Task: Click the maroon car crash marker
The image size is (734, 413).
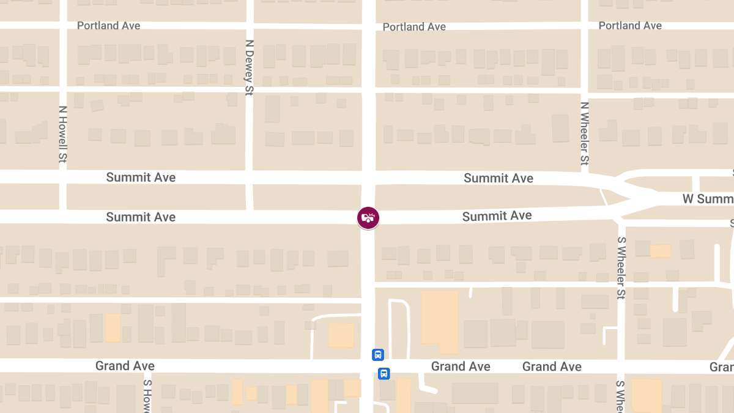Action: tap(368, 217)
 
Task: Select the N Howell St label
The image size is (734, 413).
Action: tap(62, 135)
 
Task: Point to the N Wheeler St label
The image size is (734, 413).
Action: tap(584, 133)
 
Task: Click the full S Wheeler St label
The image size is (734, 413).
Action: tap(621, 268)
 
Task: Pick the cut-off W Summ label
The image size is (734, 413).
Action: tap(708, 199)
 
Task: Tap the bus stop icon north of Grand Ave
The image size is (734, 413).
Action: tap(378, 354)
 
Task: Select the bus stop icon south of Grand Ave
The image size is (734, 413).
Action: tap(384, 373)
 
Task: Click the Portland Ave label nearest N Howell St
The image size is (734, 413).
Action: tap(109, 26)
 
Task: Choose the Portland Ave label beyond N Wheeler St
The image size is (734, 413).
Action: tap(630, 26)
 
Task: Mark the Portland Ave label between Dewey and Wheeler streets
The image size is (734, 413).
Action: tap(414, 27)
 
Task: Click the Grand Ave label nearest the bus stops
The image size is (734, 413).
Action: tap(461, 366)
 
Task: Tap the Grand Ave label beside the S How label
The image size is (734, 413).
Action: tap(125, 366)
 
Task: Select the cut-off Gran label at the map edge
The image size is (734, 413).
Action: tap(721, 367)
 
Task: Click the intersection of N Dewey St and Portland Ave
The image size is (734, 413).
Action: tap(249, 25)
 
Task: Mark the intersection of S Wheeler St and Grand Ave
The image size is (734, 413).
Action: tap(621, 366)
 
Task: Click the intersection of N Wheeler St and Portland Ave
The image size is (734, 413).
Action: tap(584, 25)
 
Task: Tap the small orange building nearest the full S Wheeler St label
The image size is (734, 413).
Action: tap(661, 251)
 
